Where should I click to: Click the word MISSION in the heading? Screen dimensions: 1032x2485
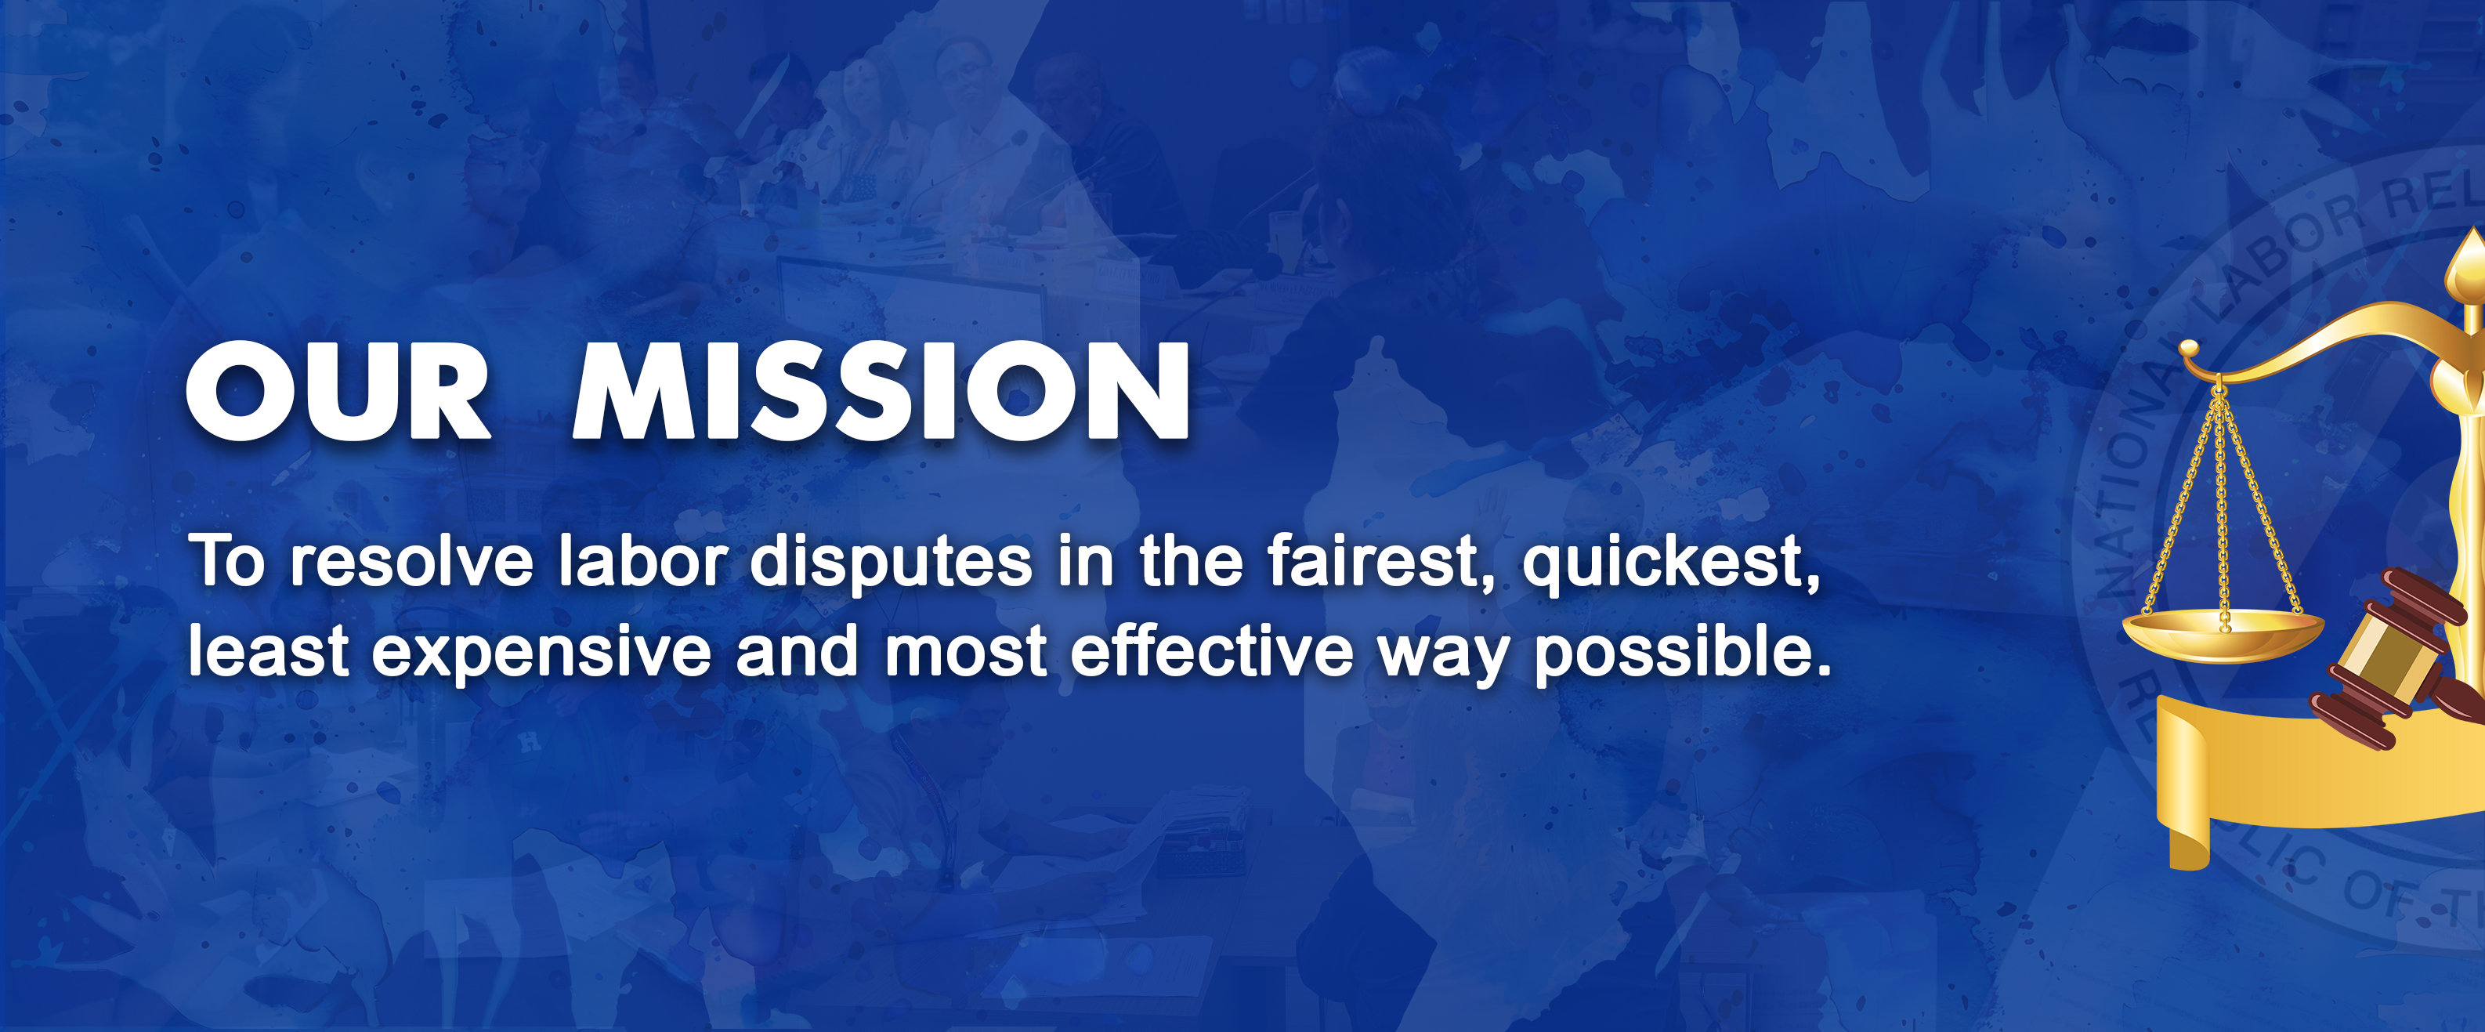880,390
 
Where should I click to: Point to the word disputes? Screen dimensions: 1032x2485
891,563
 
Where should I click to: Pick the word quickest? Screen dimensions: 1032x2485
1671,563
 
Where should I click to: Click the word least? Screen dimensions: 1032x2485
267,651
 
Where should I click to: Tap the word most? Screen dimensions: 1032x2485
964,651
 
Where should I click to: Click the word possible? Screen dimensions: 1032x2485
1680,653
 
